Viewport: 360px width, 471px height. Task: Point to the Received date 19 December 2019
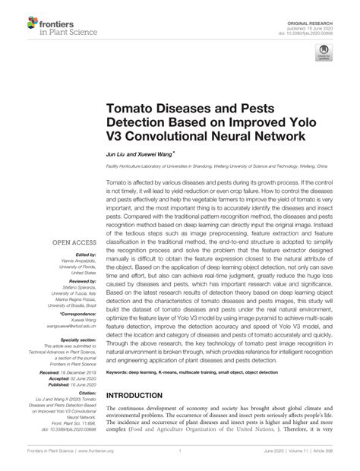81,373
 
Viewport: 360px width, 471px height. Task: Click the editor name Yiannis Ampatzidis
77,261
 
